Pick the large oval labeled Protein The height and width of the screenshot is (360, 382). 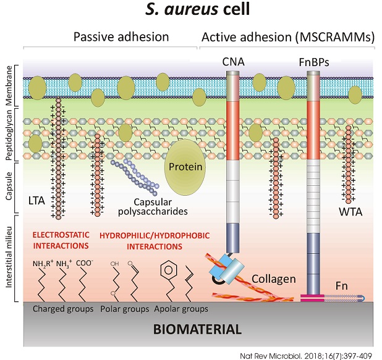coord(187,166)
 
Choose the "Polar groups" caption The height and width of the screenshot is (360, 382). coord(125,308)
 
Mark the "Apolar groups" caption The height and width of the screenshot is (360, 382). coord(182,308)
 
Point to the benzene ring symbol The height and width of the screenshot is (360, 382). coord(167,270)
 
